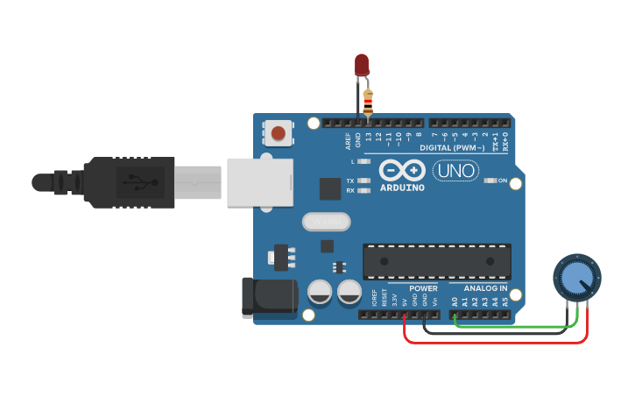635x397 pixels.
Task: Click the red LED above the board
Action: pyautogui.click(x=362, y=64)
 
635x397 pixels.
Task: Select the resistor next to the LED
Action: pyautogui.click(x=368, y=103)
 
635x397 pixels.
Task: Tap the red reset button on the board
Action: pyautogui.click(x=278, y=133)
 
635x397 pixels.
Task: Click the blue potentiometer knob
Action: pyautogui.click(x=575, y=280)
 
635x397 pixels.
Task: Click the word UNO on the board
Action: pyautogui.click(x=455, y=171)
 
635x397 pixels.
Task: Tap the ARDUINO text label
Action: pyautogui.click(x=402, y=188)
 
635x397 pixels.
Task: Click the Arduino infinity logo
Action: pyautogui.click(x=402, y=171)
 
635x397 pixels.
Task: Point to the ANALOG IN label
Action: pyautogui.click(x=484, y=288)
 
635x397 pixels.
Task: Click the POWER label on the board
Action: pyautogui.click(x=423, y=288)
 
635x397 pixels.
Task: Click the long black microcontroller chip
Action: pyautogui.click(x=437, y=261)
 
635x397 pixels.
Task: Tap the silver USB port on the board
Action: pyautogui.click(x=259, y=181)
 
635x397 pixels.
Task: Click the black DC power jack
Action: pyautogui.click(x=268, y=296)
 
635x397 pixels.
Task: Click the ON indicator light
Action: pyautogui.click(x=490, y=181)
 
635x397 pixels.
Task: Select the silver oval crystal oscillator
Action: pyautogui.click(x=326, y=222)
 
